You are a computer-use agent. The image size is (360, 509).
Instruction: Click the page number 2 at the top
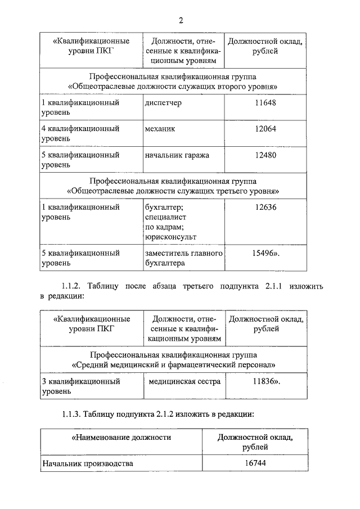[181, 21]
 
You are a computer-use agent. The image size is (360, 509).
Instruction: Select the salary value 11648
[265, 103]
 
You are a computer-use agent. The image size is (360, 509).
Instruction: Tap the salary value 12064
[265, 129]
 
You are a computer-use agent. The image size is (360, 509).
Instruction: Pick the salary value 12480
[265, 155]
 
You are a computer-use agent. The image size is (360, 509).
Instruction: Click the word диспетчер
[163, 103]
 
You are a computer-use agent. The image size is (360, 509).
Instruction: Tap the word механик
[160, 129]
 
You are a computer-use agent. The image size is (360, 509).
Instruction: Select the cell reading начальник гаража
[177, 155]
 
